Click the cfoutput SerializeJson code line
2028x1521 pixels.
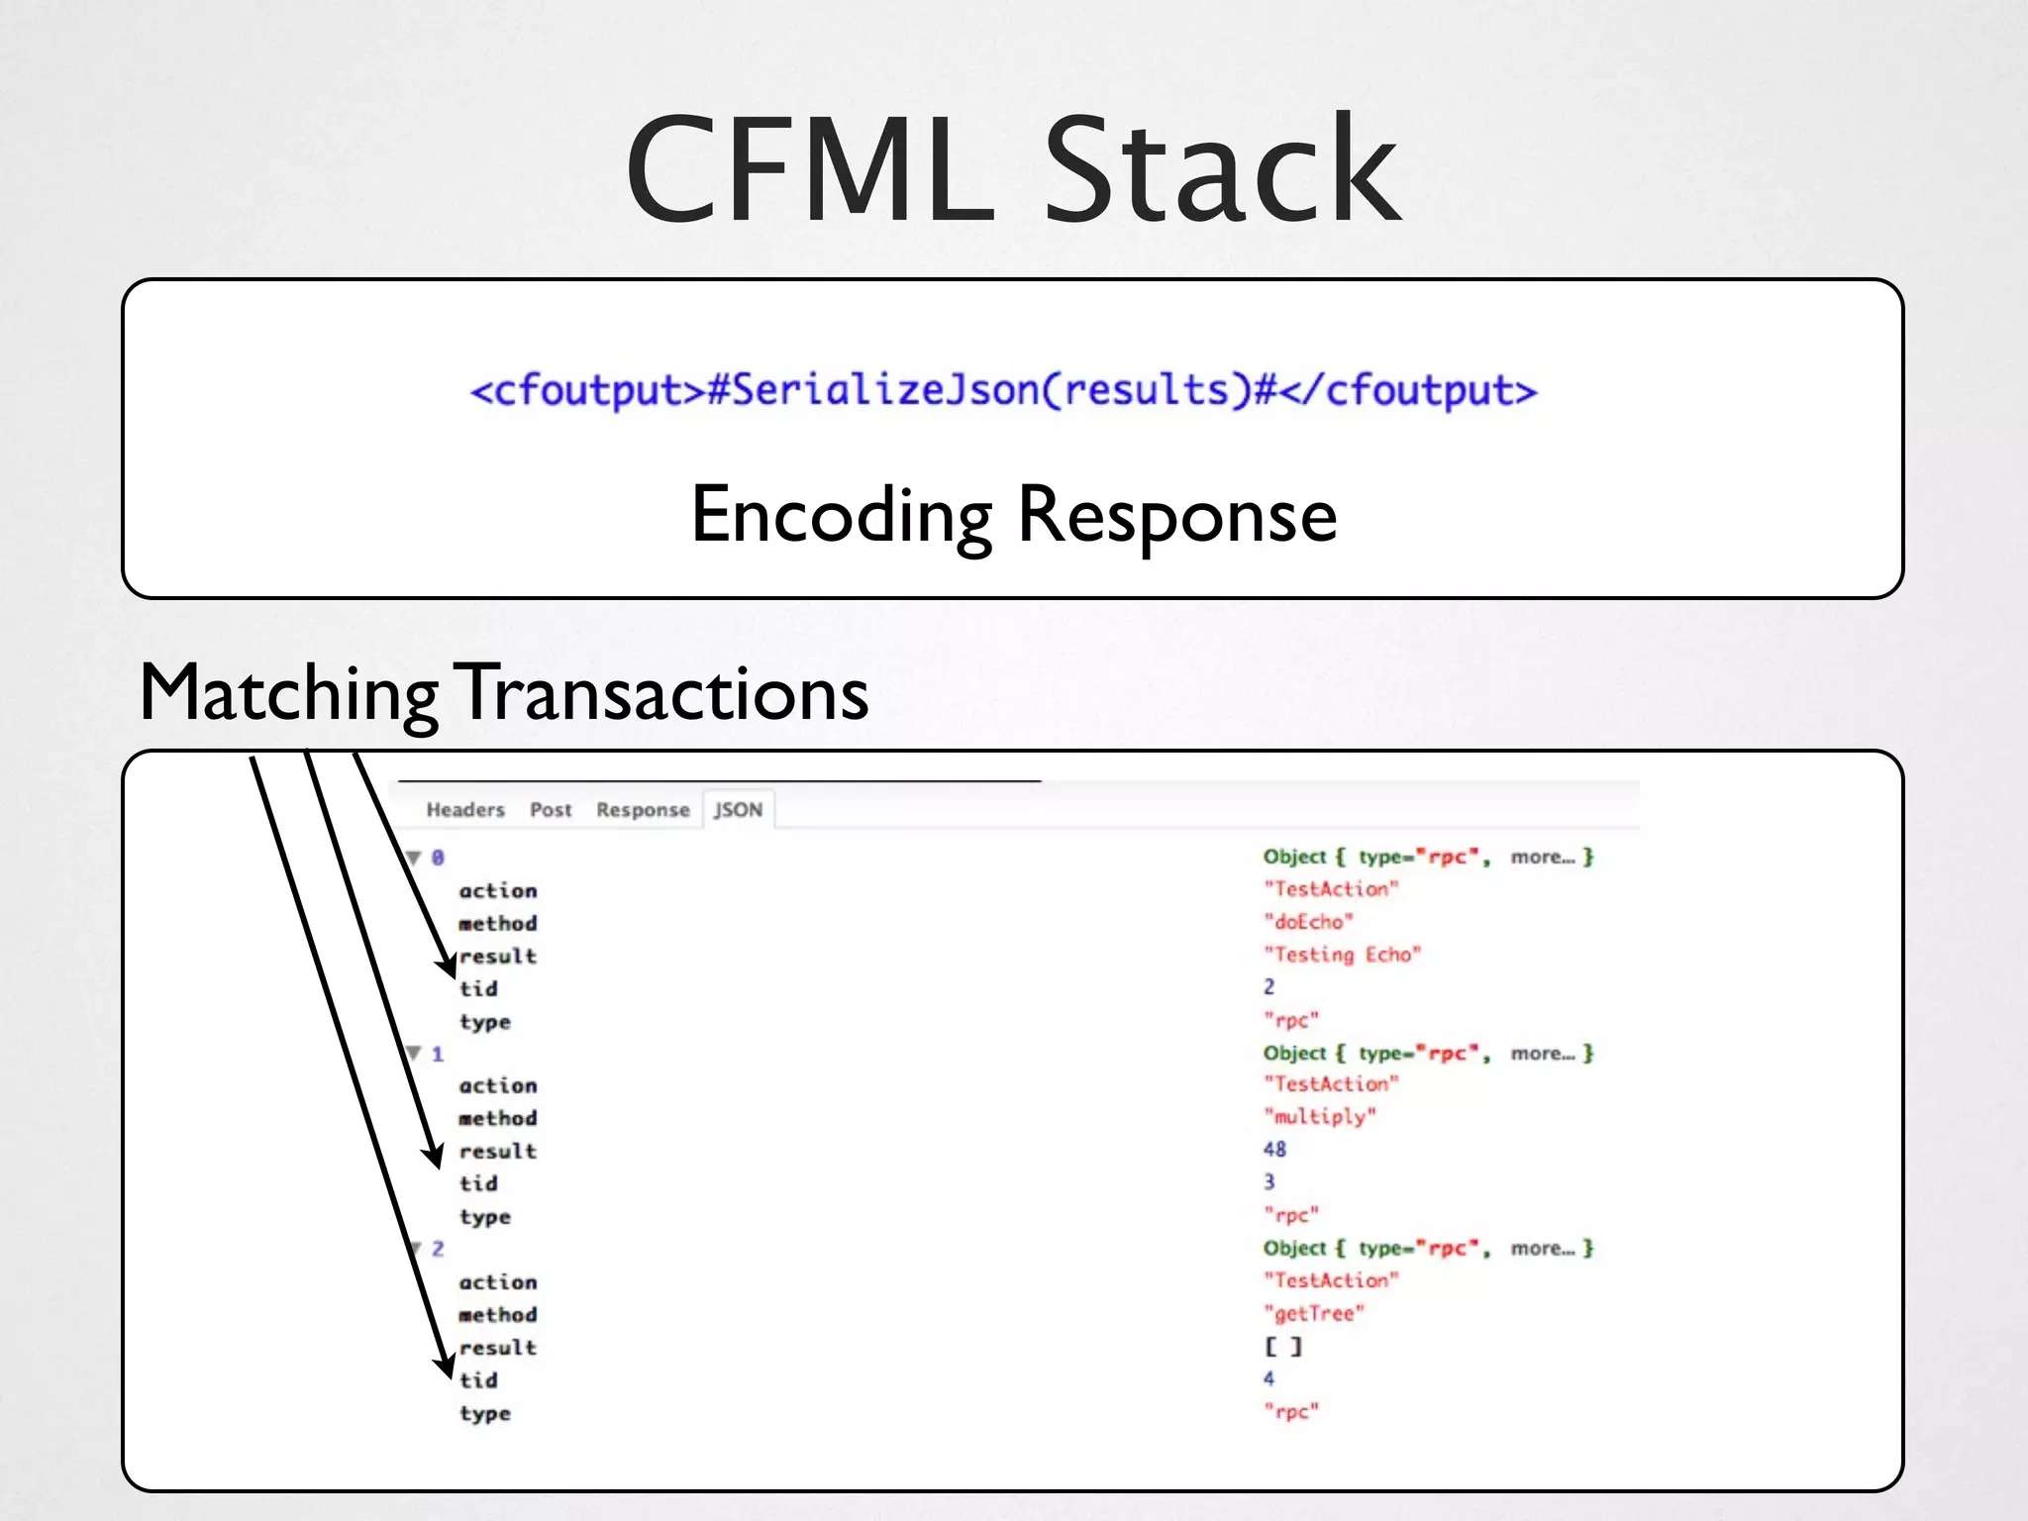(x=1003, y=390)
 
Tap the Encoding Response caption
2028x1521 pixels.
(x=1013, y=515)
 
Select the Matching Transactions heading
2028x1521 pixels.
(x=503, y=693)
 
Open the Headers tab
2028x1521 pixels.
(x=464, y=810)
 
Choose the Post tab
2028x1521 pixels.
(x=551, y=810)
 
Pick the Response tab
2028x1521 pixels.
(x=642, y=810)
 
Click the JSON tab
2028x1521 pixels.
(x=739, y=810)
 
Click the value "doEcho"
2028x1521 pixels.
(x=1308, y=922)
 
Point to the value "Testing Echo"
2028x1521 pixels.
(x=1342, y=955)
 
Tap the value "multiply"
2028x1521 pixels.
(x=1319, y=1117)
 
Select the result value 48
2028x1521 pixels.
(x=1274, y=1150)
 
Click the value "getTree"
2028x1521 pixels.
(x=1314, y=1314)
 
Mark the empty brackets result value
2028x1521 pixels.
(x=1283, y=1347)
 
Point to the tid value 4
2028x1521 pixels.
(x=1269, y=1378)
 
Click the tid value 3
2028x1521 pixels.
(x=1269, y=1182)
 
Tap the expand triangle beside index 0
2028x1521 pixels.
(x=414, y=858)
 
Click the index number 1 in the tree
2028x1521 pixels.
(x=438, y=1054)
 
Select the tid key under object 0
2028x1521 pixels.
(x=478, y=989)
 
